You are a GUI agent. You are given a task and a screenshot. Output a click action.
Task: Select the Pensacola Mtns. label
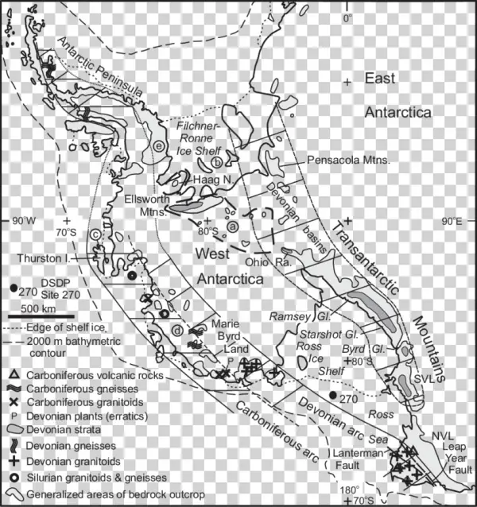[x=337, y=160]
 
